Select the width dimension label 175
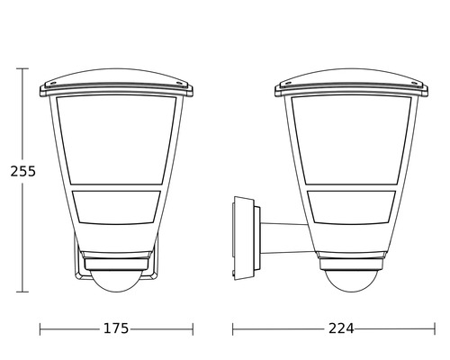click(x=116, y=328)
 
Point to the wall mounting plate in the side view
click(x=239, y=236)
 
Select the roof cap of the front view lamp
click(x=116, y=79)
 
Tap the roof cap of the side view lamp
click(x=350, y=79)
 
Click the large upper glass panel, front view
click(x=116, y=139)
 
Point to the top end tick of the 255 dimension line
click(x=25, y=67)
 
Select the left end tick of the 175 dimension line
click(x=40, y=328)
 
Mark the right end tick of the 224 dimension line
click(x=427, y=328)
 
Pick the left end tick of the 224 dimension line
click(x=233, y=328)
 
